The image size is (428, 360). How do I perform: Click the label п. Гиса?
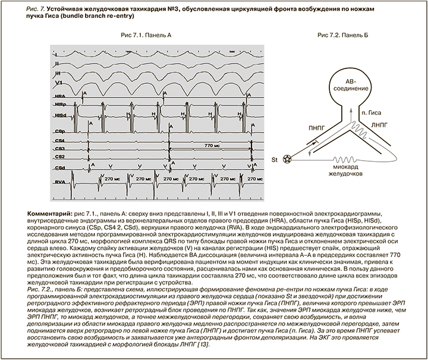click(x=372, y=111)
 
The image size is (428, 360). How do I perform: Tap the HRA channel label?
click(x=59, y=95)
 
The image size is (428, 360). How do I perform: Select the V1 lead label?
click(x=59, y=81)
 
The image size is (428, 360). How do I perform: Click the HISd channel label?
click(x=59, y=114)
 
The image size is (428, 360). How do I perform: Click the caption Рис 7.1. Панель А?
click(x=146, y=36)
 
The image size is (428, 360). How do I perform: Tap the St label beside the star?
click(x=275, y=160)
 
